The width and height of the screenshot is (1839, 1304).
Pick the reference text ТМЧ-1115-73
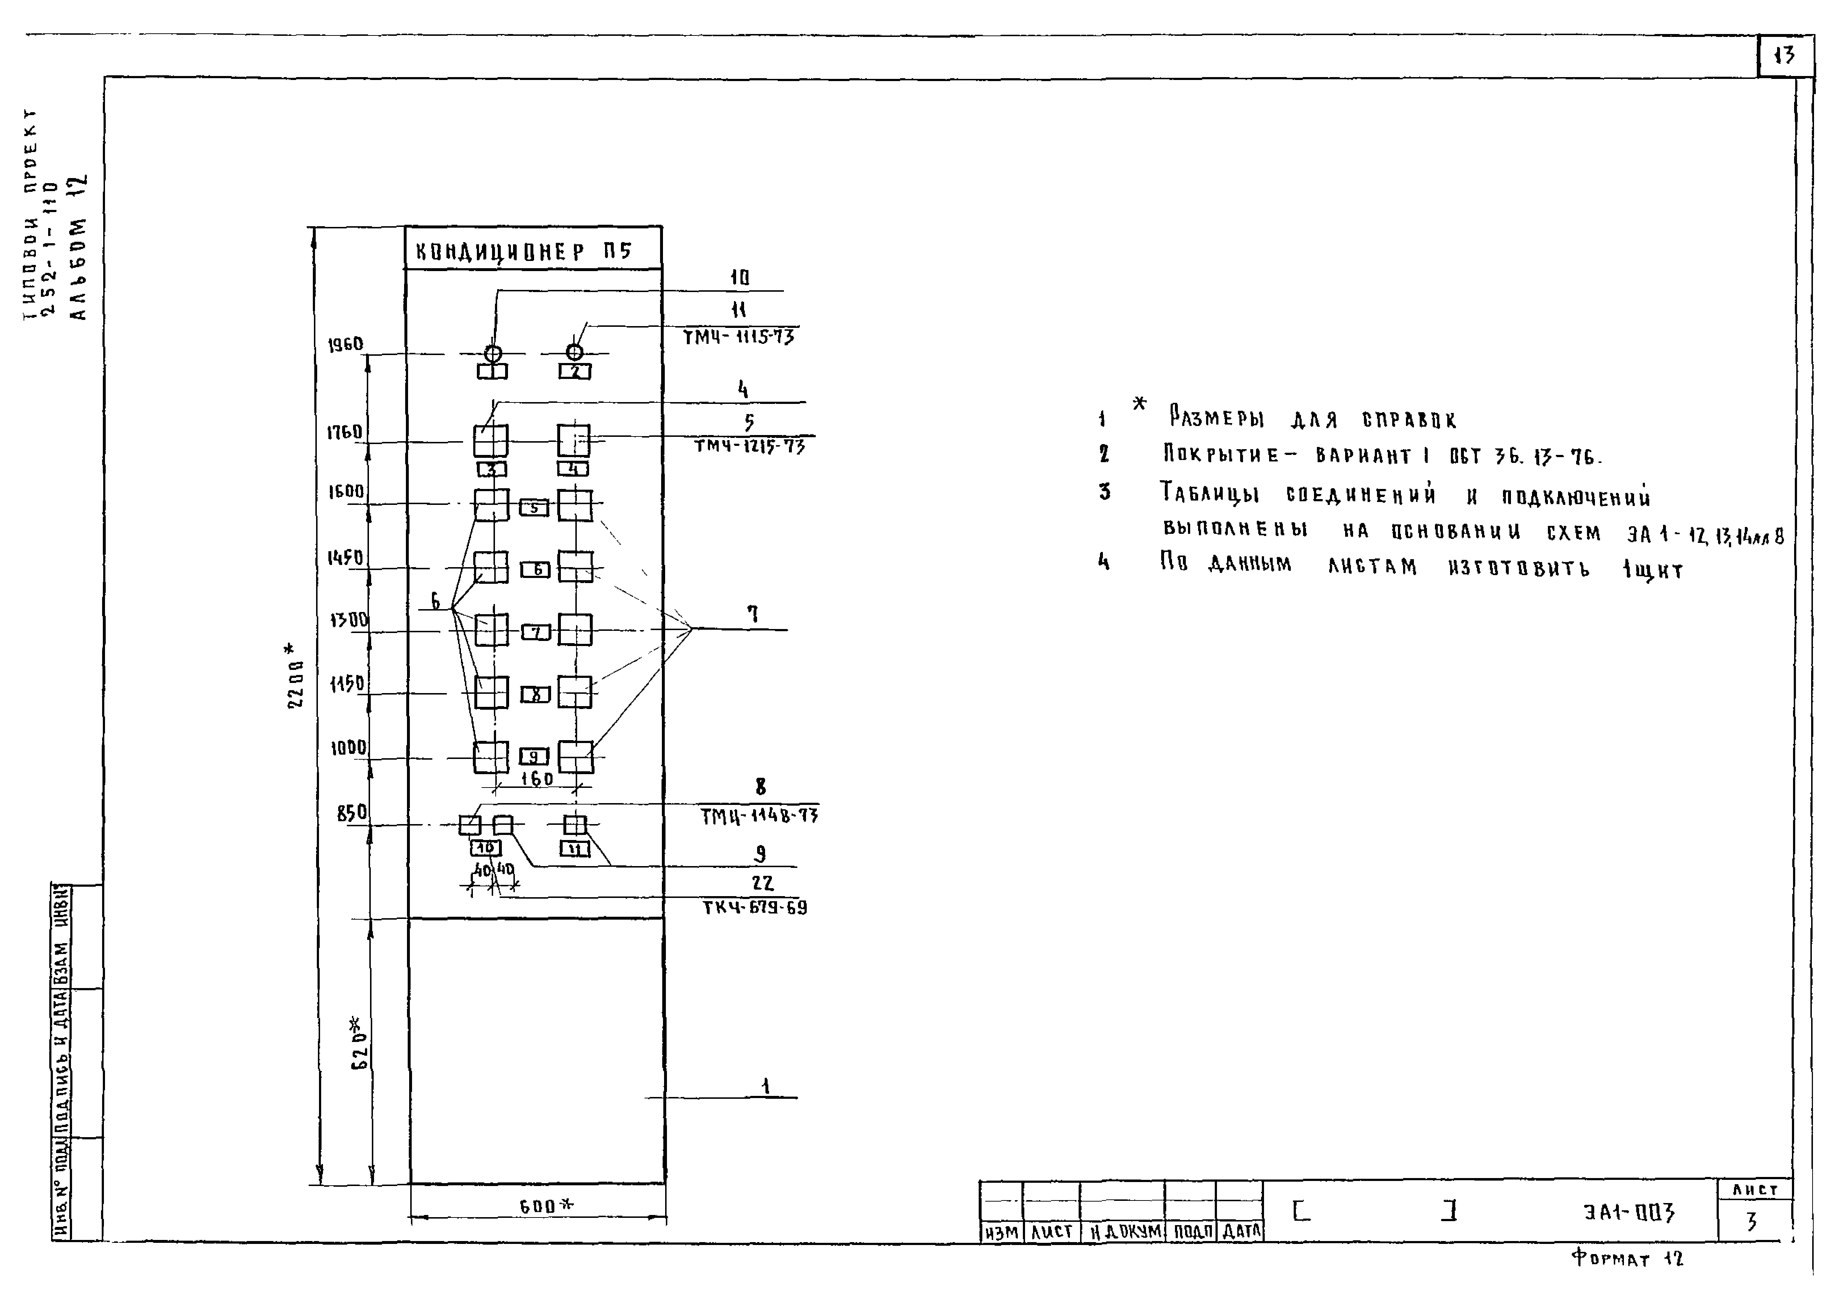[738, 337]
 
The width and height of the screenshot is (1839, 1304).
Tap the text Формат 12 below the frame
[1627, 1258]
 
